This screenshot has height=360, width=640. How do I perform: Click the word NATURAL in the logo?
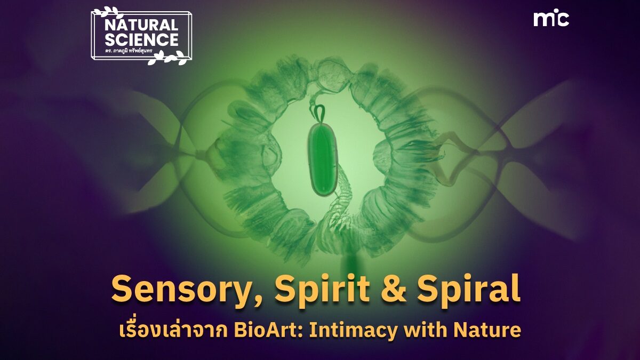point(141,26)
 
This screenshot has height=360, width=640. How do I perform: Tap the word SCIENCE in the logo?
point(141,39)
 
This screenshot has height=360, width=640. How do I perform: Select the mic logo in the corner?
point(551,19)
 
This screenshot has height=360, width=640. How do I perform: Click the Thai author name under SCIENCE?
point(129,51)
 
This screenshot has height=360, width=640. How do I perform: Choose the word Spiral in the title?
point(468,289)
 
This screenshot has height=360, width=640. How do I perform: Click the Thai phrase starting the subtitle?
point(173,330)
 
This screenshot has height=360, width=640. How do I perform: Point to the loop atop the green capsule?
point(319,114)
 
